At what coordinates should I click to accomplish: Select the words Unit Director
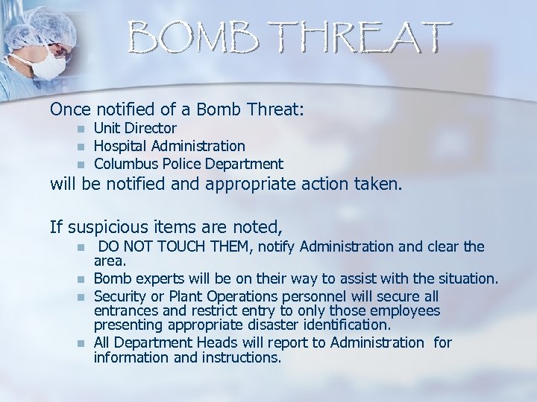click(x=135, y=128)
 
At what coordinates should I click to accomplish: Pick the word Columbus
click(x=123, y=164)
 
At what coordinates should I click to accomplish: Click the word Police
click(x=178, y=164)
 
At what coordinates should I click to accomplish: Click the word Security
click(x=120, y=296)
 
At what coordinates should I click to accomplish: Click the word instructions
click(x=239, y=357)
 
